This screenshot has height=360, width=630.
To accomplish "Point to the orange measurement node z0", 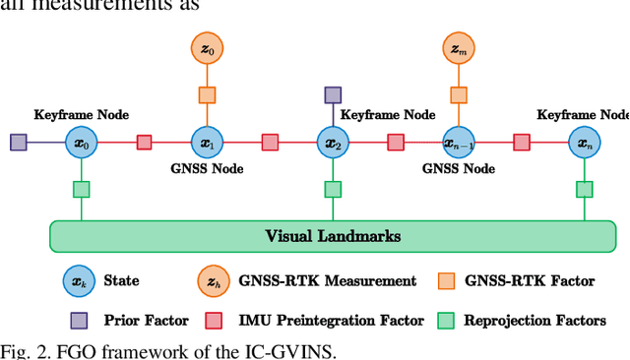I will [x=208, y=48].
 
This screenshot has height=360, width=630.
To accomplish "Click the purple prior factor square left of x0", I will [x=19, y=143].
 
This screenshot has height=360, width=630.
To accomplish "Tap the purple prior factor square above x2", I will [x=333, y=95].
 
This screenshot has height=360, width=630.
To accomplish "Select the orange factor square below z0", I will [x=208, y=95].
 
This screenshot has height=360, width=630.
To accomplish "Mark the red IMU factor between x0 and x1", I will [x=145, y=143].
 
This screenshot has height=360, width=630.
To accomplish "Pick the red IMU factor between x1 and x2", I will [x=270, y=143].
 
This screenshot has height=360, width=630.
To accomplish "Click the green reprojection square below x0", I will [x=82, y=190].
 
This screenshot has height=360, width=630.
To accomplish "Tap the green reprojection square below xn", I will [x=585, y=190].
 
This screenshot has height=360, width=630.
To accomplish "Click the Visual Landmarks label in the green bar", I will [x=333, y=236].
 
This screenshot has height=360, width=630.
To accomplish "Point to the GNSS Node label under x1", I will [x=208, y=168].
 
